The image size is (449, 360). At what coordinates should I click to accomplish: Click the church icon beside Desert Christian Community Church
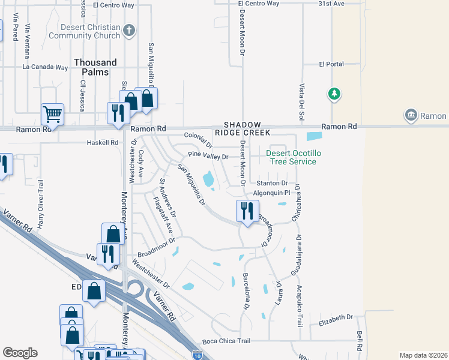coord(128,31)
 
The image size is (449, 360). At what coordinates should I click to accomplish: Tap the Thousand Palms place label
coord(95,67)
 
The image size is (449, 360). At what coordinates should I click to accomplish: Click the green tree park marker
coord(334,94)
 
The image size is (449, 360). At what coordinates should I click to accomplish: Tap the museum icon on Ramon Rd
coord(411,115)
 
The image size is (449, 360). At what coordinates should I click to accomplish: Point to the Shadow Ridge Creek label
coord(243,127)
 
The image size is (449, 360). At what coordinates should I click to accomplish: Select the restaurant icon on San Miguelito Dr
coord(246,211)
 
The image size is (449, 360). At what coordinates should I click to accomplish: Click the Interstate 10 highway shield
coord(198,356)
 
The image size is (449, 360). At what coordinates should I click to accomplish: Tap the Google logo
coord(20,353)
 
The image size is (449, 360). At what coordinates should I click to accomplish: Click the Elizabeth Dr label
coord(336,317)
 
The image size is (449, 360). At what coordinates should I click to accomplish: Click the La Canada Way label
coord(45,67)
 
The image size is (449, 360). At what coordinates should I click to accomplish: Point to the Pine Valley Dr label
coord(208,156)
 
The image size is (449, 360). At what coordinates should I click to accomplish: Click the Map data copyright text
coord(423,355)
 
